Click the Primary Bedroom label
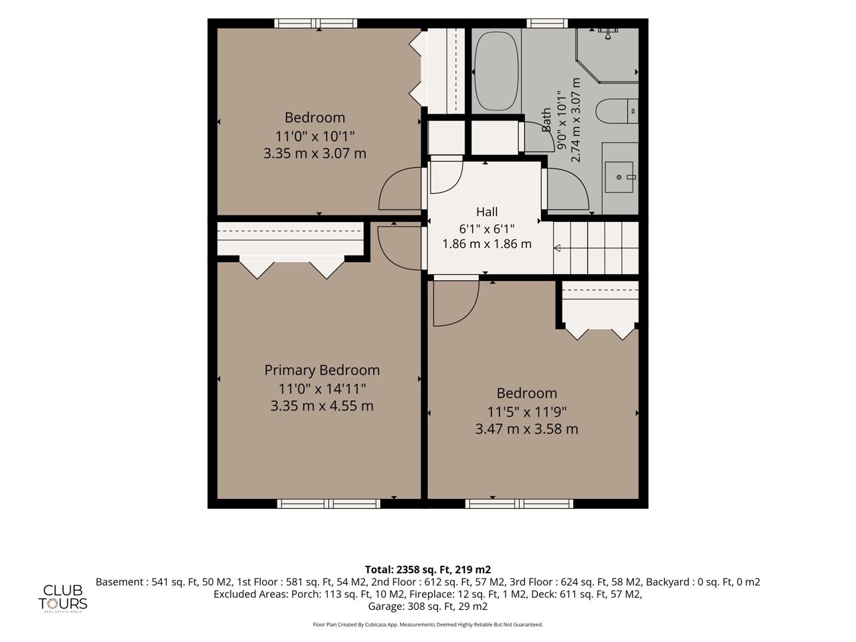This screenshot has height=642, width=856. click(x=322, y=370)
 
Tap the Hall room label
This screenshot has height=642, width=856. click(x=487, y=212)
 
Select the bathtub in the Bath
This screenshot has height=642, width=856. click(x=496, y=72)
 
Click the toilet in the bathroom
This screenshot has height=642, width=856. click(x=617, y=111)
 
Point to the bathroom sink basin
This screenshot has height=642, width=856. click(x=619, y=177)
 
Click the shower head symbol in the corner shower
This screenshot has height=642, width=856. click(x=608, y=33)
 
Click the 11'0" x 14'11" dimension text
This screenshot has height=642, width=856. click(x=322, y=389)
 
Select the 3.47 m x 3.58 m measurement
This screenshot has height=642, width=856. click(x=526, y=429)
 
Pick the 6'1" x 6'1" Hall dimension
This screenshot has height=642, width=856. click(x=487, y=229)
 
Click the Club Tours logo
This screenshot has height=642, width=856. click(x=62, y=599)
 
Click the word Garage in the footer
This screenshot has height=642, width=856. click(x=386, y=607)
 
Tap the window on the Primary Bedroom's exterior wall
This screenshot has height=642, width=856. click(x=328, y=504)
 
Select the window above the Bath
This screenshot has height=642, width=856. click(x=547, y=23)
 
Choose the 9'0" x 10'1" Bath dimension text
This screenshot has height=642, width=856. click(x=561, y=120)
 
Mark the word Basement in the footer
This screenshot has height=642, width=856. click(x=120, y=582)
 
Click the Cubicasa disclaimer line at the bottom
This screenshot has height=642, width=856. click(x=428, y=625)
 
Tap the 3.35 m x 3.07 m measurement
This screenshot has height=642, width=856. click(x=315, y=154)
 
